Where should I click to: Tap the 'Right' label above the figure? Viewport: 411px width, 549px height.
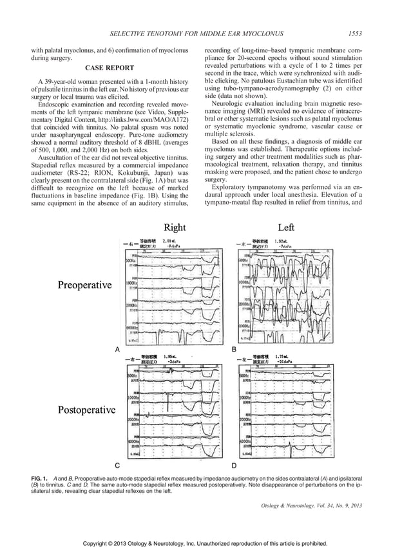[x=175, y=227]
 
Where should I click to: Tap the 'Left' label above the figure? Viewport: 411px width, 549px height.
[x=286, y=227]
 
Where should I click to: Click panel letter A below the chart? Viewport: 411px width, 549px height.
[x=117, y=348]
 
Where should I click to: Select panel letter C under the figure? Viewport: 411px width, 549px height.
[x=117, y=464]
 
